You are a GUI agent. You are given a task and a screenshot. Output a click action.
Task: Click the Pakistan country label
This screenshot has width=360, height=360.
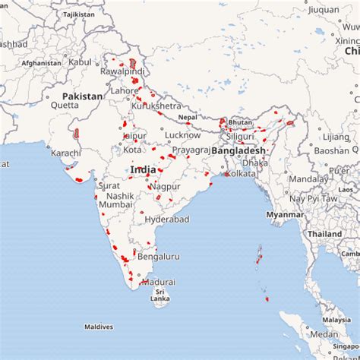82,96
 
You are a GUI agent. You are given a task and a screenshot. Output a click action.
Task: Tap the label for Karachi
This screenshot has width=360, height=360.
66,153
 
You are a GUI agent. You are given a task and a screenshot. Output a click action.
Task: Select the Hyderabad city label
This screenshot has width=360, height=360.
166,219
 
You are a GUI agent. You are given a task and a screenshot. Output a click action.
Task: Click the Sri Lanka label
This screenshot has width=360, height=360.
159,295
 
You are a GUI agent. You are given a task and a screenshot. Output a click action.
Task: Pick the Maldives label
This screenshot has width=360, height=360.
99,327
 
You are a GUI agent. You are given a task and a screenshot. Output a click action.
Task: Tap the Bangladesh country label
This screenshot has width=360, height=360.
238,150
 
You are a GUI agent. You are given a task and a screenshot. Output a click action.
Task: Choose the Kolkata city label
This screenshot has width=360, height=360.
242,174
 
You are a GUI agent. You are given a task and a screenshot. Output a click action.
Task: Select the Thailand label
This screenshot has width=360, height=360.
324,234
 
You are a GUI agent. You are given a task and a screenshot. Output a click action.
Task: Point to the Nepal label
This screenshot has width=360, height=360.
187,118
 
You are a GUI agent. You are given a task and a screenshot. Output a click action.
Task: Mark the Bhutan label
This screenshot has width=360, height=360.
240,122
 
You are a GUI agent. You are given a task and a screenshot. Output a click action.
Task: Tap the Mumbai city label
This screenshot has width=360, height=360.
115,205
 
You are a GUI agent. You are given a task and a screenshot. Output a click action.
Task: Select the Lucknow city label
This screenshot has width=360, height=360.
183,134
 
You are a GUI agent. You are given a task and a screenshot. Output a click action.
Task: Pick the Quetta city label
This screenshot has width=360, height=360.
65,106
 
